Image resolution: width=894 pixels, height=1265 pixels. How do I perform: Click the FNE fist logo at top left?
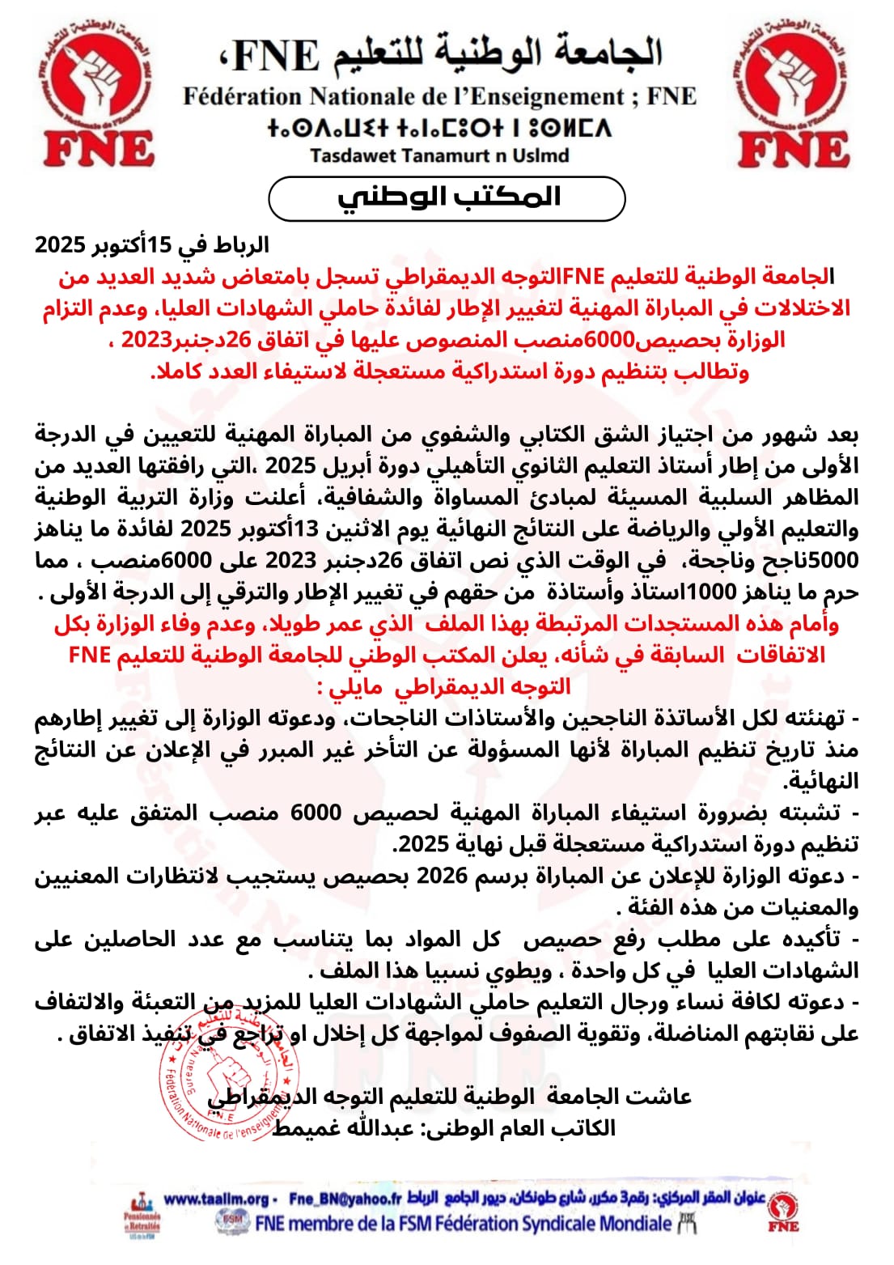96,93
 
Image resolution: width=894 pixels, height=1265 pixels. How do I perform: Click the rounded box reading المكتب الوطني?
447,198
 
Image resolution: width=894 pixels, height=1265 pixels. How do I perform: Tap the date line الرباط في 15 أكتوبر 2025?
152,244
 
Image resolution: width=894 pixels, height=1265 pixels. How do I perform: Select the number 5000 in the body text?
830,560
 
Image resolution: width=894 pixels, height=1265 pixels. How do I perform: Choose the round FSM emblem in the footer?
233,1222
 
